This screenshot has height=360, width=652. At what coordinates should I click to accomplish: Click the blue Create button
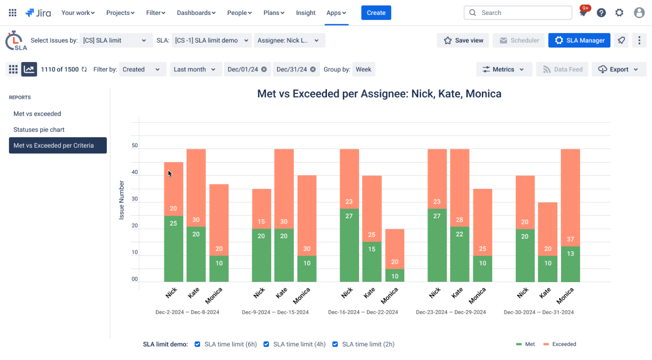click(x=376, y=13)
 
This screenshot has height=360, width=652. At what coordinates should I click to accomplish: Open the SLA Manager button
click(x=579, y=41)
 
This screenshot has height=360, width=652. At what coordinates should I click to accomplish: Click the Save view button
click(x=463, y=41)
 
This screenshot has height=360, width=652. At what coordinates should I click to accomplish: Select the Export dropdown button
click(x=619, y=69)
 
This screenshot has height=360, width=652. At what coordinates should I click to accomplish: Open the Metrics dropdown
click(x=504, y=69)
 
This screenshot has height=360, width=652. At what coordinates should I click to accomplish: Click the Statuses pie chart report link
click(x=39, y=130)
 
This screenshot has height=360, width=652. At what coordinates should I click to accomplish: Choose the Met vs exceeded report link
click(x=37, y=114)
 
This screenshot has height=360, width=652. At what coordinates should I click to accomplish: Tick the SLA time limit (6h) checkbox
click(x=197, y=344)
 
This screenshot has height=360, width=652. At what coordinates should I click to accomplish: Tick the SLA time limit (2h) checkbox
click(x=335, y=344)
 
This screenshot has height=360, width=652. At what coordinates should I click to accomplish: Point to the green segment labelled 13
click(x=570, y=264)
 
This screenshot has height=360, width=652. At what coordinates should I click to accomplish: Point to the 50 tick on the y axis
click(x=135, y=145)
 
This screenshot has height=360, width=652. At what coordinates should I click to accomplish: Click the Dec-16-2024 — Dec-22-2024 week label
click(x=363, y=312)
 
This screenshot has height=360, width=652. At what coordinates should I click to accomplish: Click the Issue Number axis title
click(x=122, y=200)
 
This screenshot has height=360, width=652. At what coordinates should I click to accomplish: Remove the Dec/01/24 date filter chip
click(x=264, y=69)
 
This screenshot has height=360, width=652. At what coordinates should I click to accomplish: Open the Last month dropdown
click(x=194, y=69)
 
